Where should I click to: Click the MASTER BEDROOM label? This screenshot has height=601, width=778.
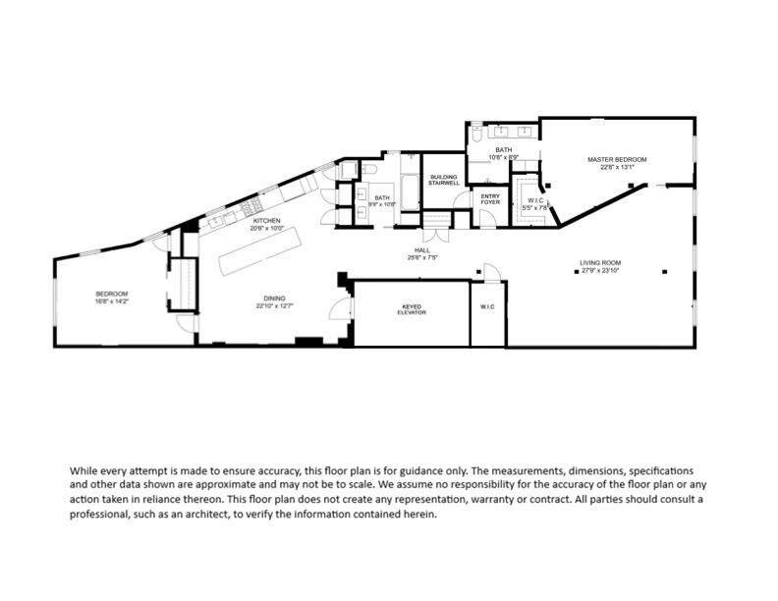pyautogui.click(x=617, y=159)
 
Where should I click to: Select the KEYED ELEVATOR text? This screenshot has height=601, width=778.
pyautogui.click(x=411, y=310)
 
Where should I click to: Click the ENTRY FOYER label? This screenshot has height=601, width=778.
pyautogui.click(x=488, y=198)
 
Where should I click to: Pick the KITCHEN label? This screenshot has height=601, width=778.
pyautogui.click(x=266, y=221)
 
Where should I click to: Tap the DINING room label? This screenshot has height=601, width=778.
pyautogui.click(x=274, y=299)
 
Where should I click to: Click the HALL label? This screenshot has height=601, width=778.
pyautogui.click(x=422, y=250)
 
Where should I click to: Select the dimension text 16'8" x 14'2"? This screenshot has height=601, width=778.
pyautogui.click(x=111, y=301)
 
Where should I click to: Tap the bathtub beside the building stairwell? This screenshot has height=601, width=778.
pyautogui.click(x=410, y=186)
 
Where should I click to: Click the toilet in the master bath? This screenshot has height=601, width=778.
pyautogui.click(x=476, y=135)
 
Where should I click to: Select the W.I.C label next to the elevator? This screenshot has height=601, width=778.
pyautogui.click(x=488, y=307)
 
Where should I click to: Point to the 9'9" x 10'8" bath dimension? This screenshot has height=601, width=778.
pyautogui.click(x=381, y=204)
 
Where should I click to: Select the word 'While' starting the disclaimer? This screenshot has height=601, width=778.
pyautogui.click(x=83, y=470)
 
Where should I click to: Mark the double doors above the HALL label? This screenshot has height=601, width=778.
pyautogui.click(x=436, y=234)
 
